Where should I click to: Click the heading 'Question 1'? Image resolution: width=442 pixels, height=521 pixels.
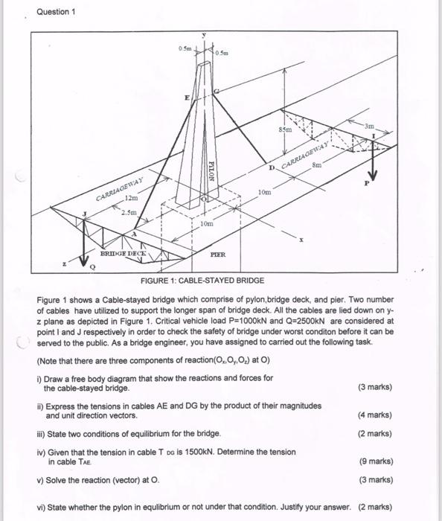tap(57, 12)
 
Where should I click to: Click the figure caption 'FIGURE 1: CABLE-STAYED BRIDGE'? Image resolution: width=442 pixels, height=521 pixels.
tap(202, 281)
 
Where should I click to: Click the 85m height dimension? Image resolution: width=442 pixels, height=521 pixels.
tap(284, 130)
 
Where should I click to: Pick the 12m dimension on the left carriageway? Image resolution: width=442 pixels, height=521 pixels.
tap(132, 199)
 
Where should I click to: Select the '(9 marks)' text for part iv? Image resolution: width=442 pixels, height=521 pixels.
tap(376, 461)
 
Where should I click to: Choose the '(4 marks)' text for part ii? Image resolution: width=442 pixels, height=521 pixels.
tap(376, 415)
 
